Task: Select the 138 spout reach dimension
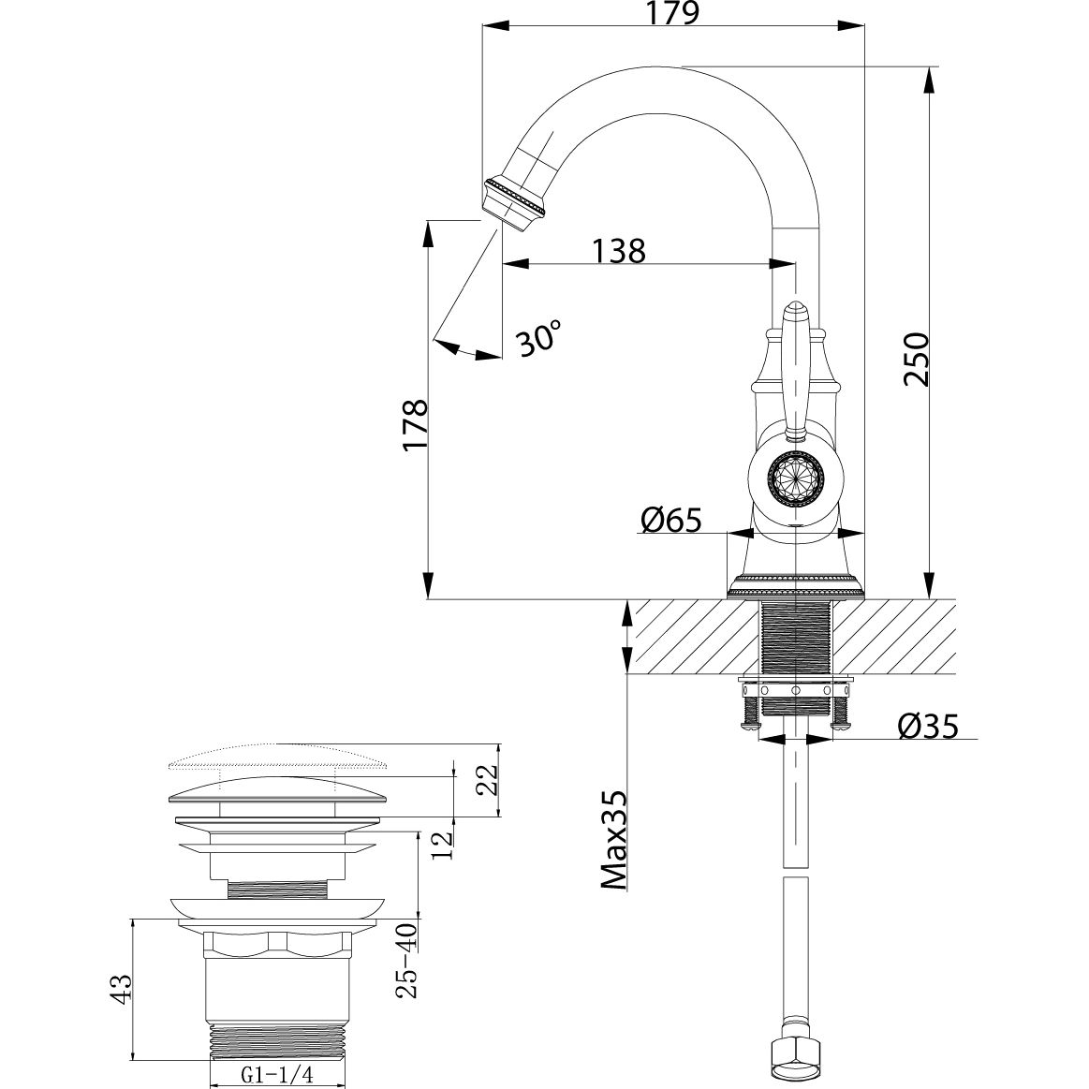[618, 250]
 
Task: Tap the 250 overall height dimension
[915, 358]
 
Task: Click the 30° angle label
[540, 338]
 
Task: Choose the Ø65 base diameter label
[670, 519]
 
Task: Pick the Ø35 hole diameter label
[927, 727]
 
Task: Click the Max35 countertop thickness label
[613, 839]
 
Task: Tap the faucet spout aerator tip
[515, 199]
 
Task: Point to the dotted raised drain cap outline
[278, 756]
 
